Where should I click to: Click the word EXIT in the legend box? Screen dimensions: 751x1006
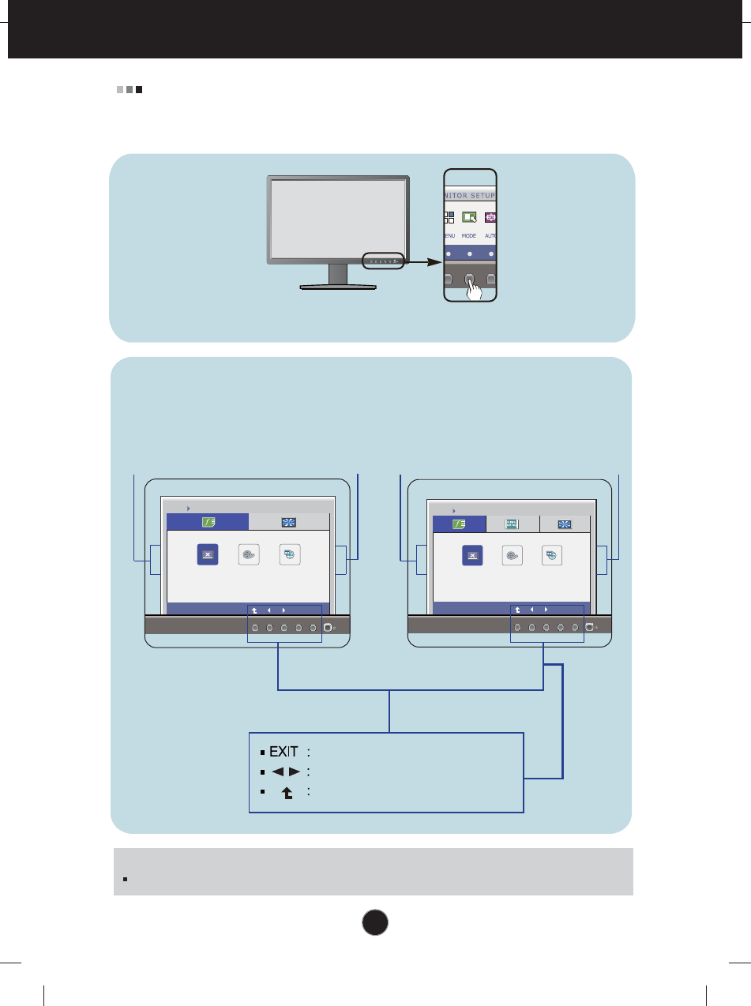tap(284, 753)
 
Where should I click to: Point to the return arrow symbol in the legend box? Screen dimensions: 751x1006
tap(287, 792)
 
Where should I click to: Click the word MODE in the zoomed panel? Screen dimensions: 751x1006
tap(469, 235)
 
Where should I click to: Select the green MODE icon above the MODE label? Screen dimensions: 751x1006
tap(469, 217)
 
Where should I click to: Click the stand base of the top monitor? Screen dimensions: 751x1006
tap(339, 287)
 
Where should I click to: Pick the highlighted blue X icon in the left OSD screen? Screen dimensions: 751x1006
tap(207, 554)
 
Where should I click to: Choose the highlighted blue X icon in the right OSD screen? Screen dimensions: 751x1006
tap(472, 555)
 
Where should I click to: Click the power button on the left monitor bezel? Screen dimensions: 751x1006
tap(327, 629)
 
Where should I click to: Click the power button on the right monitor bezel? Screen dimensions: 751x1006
tap(588, 629)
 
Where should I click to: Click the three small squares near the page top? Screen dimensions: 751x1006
tap(130, 90)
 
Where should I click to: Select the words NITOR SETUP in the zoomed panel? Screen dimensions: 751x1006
tap(471, 195)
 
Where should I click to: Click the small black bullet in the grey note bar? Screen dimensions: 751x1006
tap(126, 879)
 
